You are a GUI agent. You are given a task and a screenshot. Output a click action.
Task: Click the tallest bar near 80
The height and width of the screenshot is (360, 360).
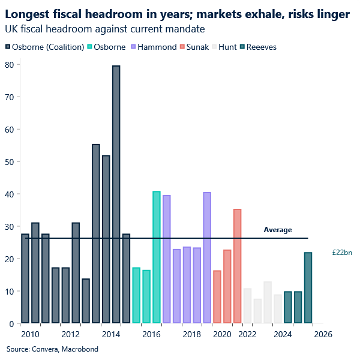click(x=116, y=194)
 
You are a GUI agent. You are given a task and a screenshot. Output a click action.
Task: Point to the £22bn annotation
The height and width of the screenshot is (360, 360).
click(x=341, y=253)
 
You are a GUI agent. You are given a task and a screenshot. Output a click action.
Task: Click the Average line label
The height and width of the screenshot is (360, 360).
click(x=278, y=230)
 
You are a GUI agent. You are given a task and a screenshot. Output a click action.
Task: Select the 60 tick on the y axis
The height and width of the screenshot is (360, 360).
click(x=10, y=129)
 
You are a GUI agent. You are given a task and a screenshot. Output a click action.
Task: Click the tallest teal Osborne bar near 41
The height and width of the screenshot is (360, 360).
click(x=157, y=257)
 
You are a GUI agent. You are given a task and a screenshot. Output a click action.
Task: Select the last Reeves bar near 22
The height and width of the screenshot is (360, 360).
click(x=308, y=288)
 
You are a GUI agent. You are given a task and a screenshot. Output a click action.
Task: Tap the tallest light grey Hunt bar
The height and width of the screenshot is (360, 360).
click(x=268, y=302)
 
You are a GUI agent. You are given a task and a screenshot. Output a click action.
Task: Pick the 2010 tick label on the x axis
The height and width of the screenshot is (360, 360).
click(x=30, y=334)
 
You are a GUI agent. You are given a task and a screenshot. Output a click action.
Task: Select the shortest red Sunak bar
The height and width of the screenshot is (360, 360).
click(x=217, y=297)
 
